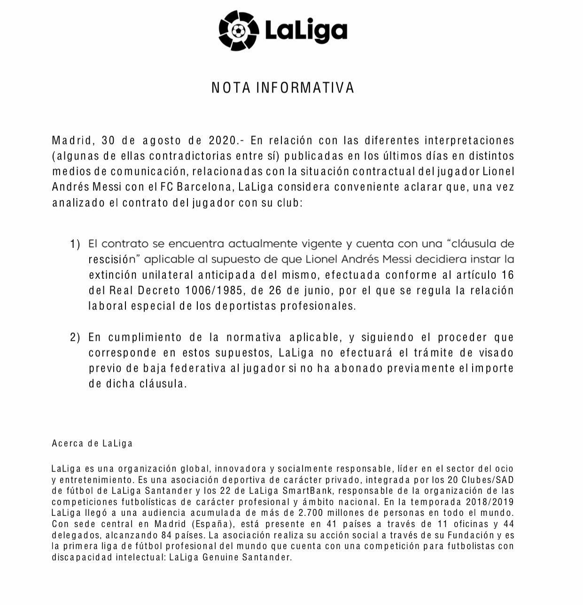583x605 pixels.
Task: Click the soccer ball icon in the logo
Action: point(239,31)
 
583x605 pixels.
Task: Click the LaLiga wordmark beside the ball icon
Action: point(306,31)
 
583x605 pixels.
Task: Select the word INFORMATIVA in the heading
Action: point(305,88)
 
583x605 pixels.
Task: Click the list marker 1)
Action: point(76,244)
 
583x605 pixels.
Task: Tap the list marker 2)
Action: point(76,337)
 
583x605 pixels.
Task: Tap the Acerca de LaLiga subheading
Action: point(92,444)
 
